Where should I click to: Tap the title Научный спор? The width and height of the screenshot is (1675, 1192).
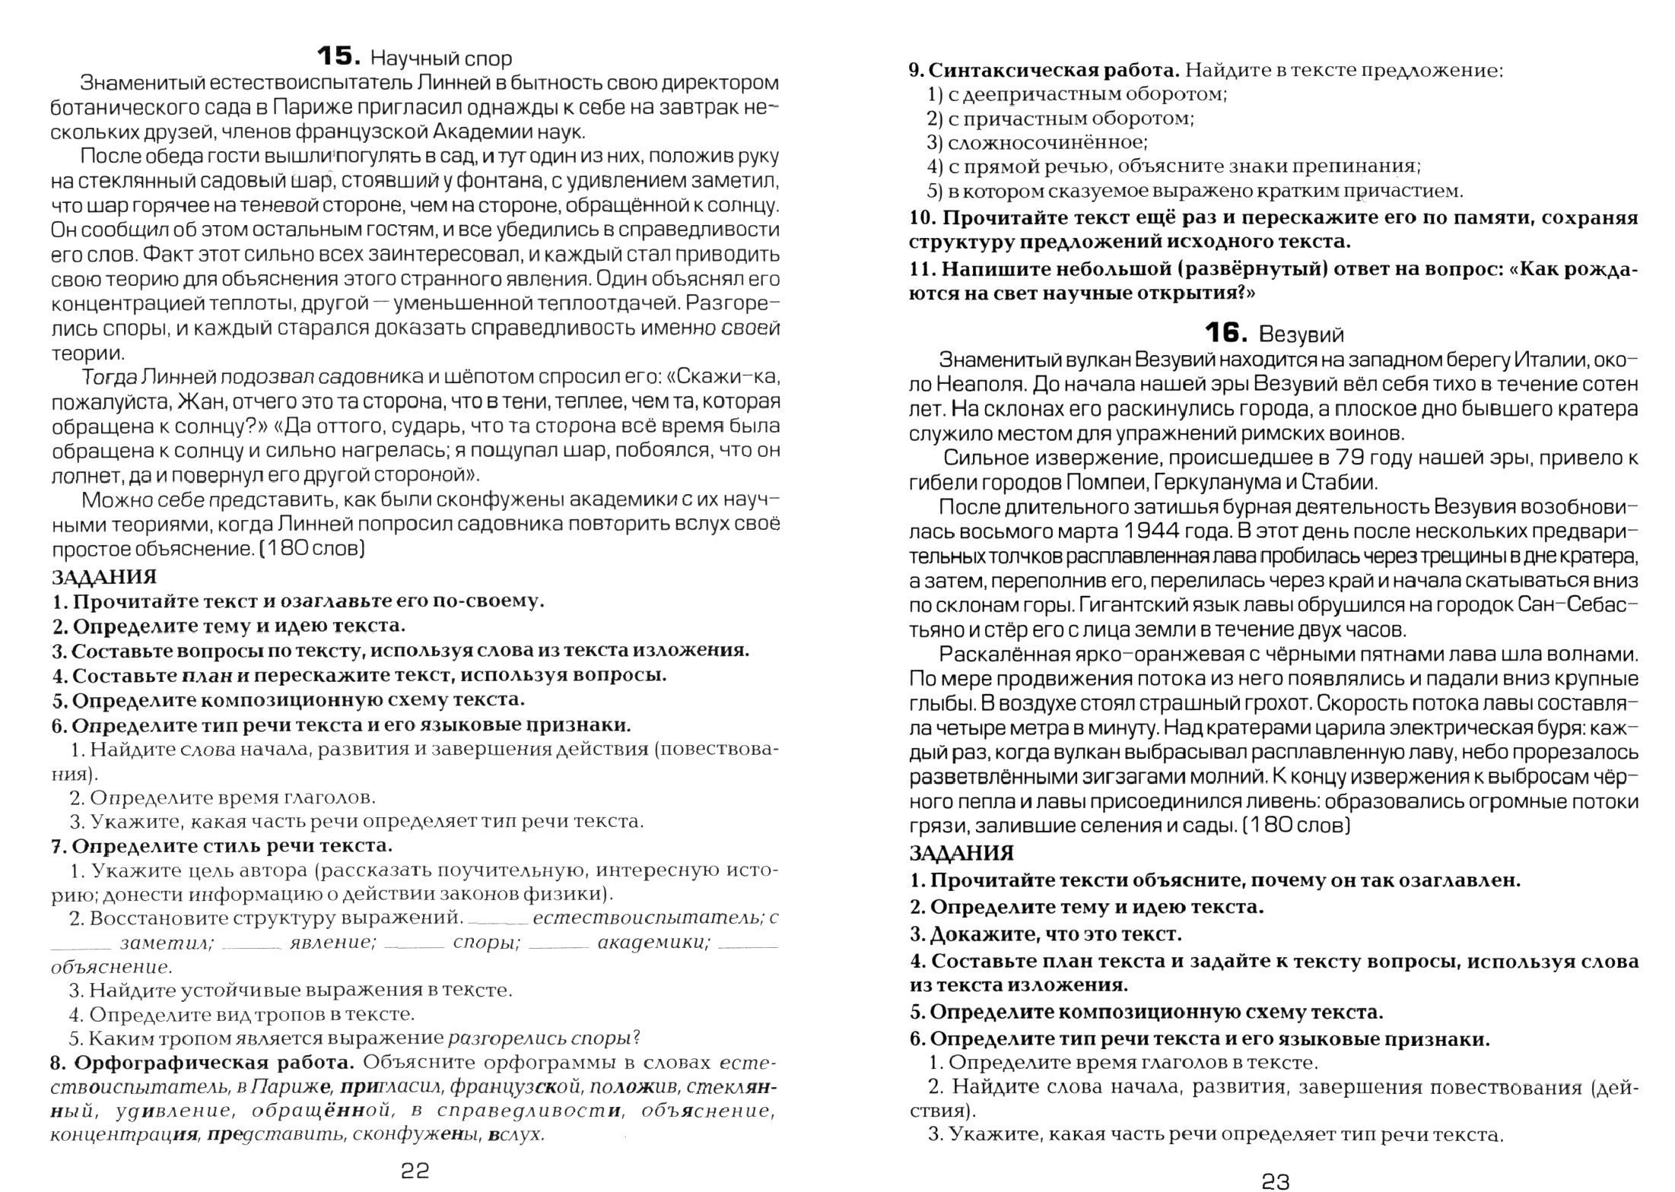tap(441, 59)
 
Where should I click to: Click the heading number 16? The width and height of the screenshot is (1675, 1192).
tap(1225, 333)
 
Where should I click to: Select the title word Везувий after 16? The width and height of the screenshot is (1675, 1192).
tap(1302, 334)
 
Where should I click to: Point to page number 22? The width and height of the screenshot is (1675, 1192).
tap(415, 1170)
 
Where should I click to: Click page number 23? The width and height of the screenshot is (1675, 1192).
tap(1276, 1181)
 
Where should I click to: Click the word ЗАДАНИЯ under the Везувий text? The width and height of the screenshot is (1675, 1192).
tap(961, 854)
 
